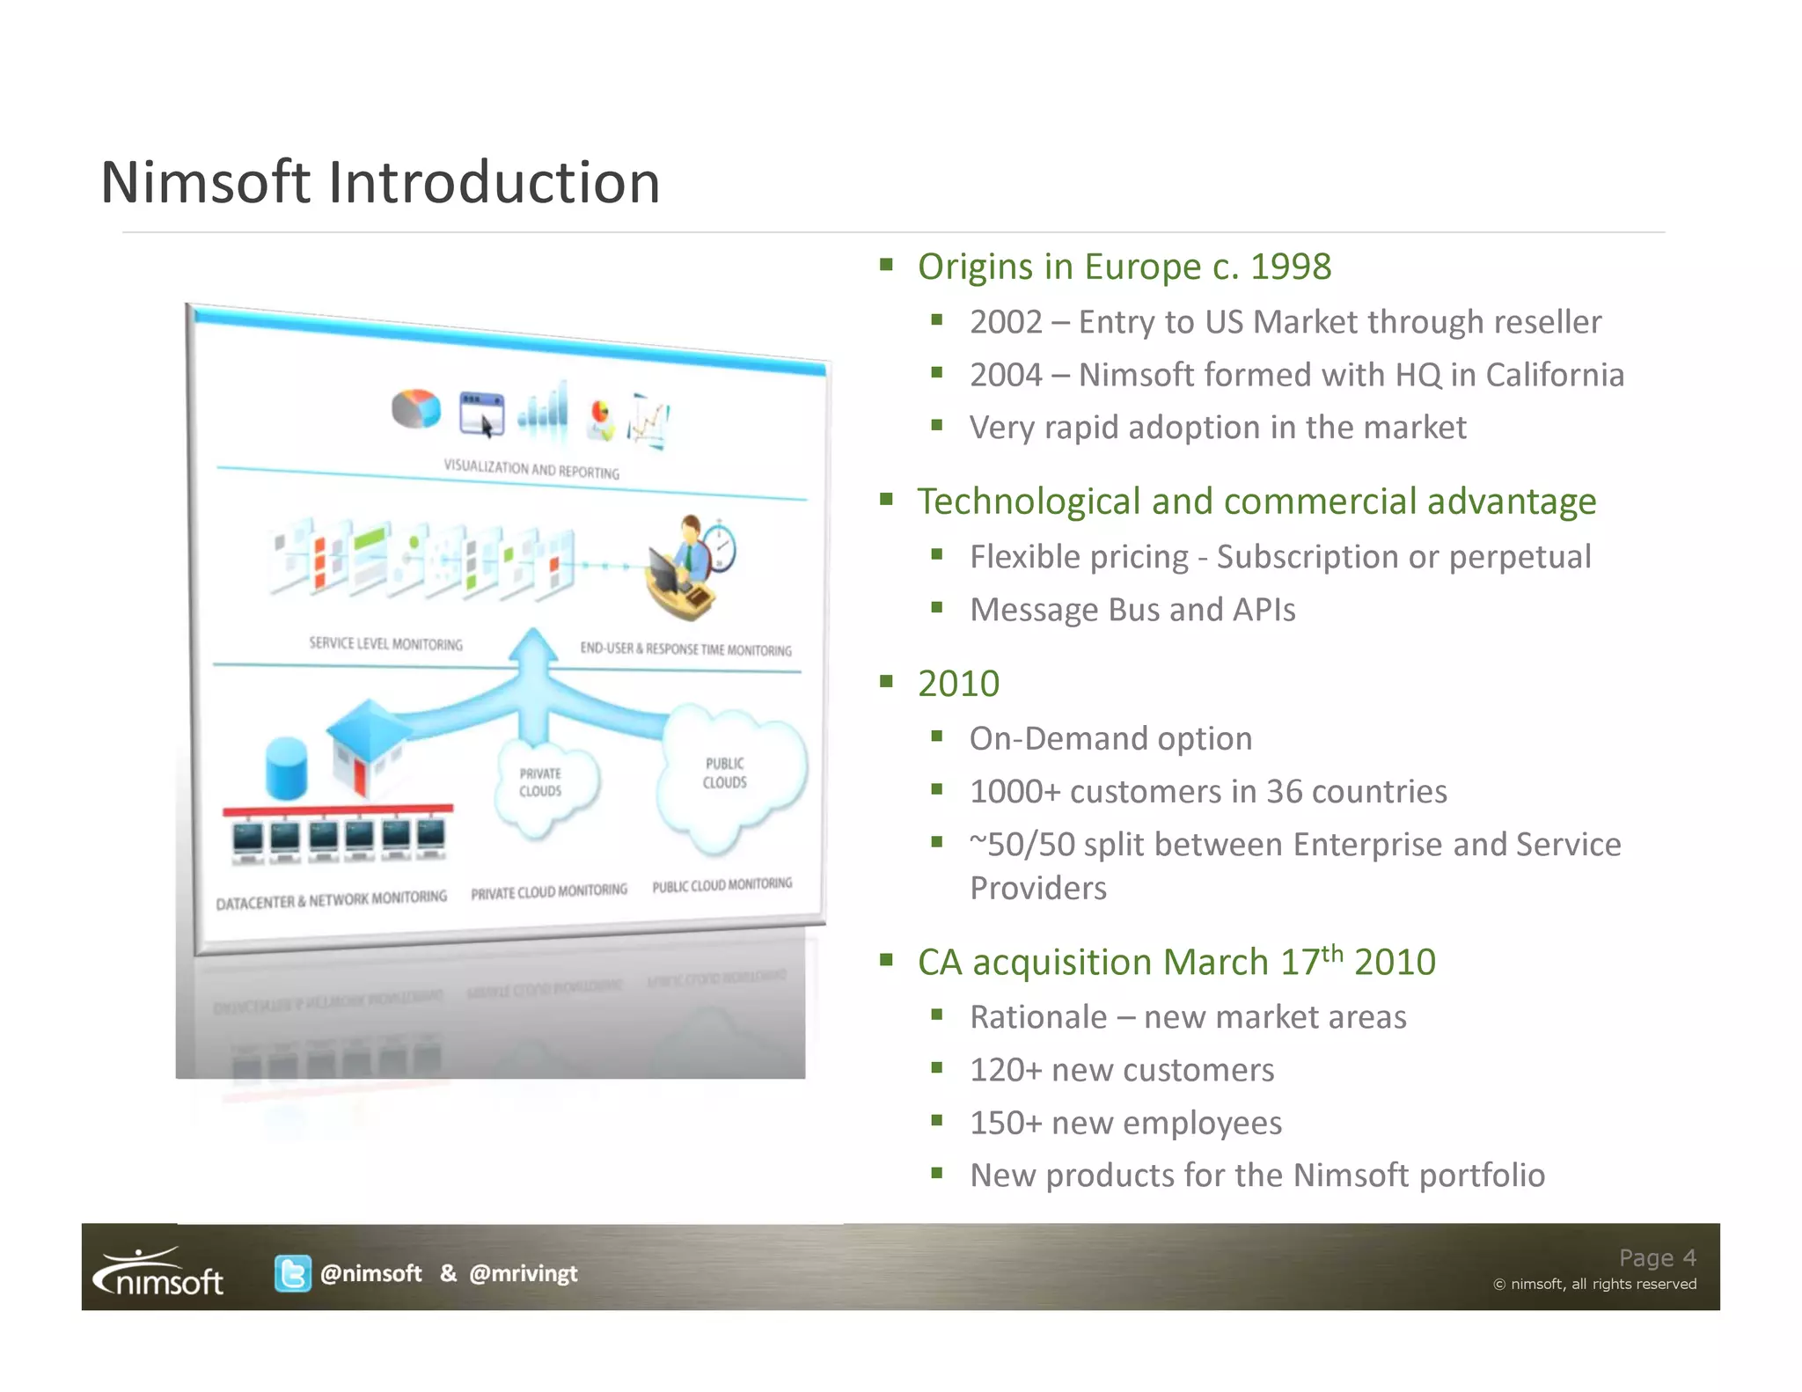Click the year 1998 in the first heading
click(1290, 267)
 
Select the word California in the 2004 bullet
click(1554, 375)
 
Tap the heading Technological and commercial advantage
click(1256, 502)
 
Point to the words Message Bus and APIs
click(1132, 610)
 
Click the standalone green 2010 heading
click(958, 684)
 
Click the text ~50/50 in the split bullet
click(1022, 845)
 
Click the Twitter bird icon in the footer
click(292, 1273)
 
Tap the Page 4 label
click(1657, 1257)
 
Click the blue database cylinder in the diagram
click(286, 767)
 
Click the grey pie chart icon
click(415, 409)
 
